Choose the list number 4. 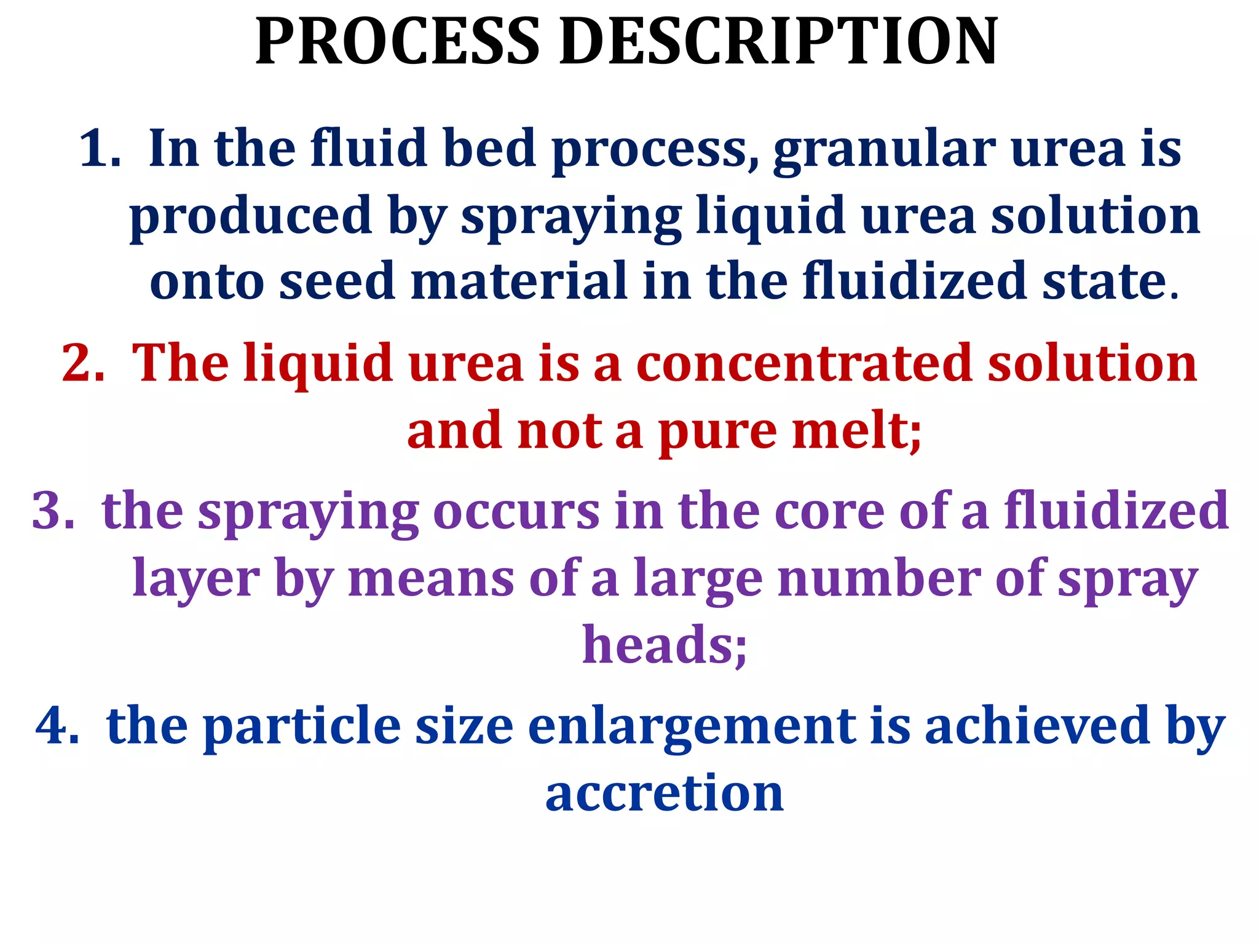(x=57, y=726)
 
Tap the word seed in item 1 (x=336, y=281)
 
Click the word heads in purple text (x=664, y=645)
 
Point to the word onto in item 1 (x=207, y=281)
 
